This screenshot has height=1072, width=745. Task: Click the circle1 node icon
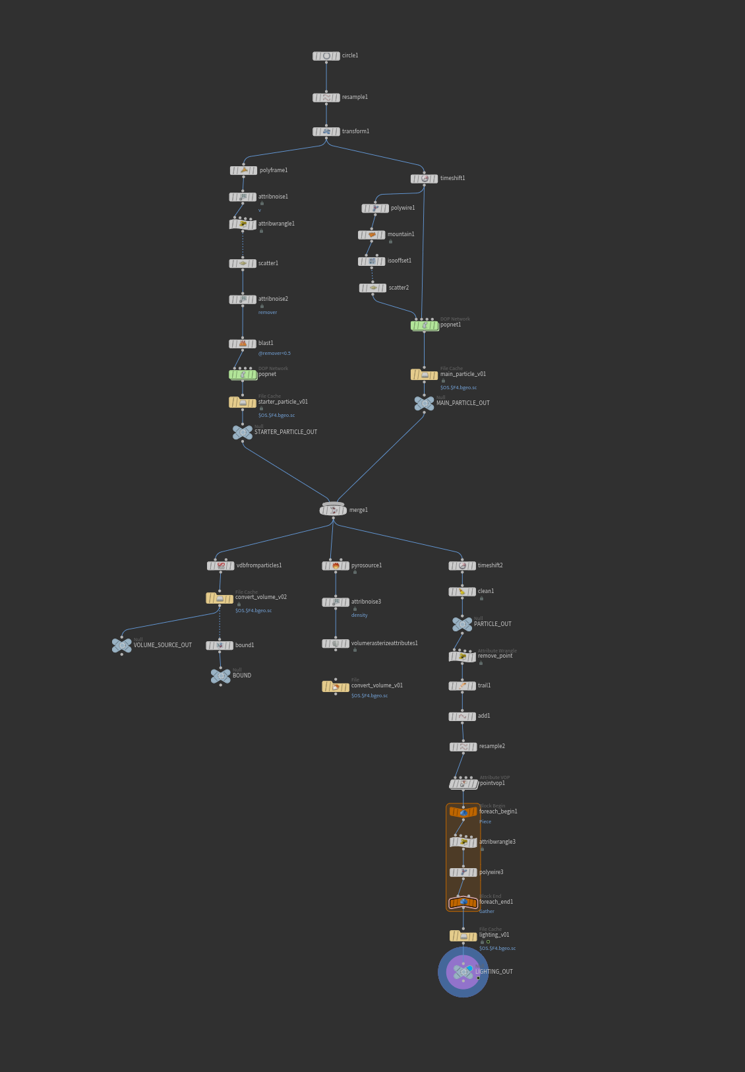pyautogui.click(x=326, y=56)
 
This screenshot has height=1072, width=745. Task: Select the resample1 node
pyautogui.click(x=326, y=98)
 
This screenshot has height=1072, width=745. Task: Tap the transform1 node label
pyautogui.click(x=355, y=131)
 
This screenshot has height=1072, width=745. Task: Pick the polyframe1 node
pyautogui.click(x=243, y=170)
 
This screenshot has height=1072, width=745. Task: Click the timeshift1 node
pyautogui.click(x=424, y=179)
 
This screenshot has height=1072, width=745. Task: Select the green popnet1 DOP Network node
pyautogui.click(x=424, y=325)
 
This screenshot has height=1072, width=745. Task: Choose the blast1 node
pyautogui.click(x=243, y=344)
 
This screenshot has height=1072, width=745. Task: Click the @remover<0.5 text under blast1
pyautogui.click(x=274, y=354)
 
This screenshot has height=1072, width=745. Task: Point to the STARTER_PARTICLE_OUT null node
pyautogui.click(x=243, y=432)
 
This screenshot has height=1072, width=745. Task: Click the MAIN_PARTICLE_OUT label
pyautogui.click(x=463, y=403)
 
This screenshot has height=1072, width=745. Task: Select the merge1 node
pyautogui.click(x=333, y=510)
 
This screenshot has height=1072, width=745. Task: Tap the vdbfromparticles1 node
pyautogui.click(x=221, y=566)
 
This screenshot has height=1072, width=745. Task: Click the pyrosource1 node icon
pyautogui.click(x=336, y=566)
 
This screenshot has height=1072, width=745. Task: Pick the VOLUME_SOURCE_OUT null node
pyautogui.click(x=121, y=645)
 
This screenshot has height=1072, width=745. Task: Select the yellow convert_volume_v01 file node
pyautogui.click(x=336, y=687)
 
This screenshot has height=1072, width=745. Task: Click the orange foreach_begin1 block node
pyautogui.click(x=463, y=812)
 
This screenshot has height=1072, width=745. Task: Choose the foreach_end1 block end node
pyautogui.click(x=463, y=902)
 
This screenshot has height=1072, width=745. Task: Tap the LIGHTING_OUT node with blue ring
pyautogui.click(x=463, y=972)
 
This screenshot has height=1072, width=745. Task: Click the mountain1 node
pyautogui.click(x=372, y=235)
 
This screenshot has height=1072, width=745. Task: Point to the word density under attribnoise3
pyautogui.click(x=359, y=615)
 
